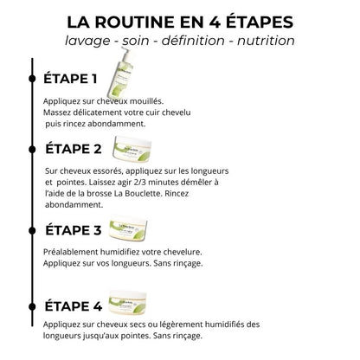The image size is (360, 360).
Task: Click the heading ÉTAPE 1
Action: coord(70,80)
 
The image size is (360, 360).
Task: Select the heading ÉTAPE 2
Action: coord(72,149)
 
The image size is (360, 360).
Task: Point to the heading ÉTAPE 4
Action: coord(72,305)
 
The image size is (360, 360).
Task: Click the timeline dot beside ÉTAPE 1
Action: coord(32,80)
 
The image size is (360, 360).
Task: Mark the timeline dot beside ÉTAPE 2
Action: coord(32,149)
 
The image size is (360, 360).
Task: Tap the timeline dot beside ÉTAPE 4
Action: coord(32,305)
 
